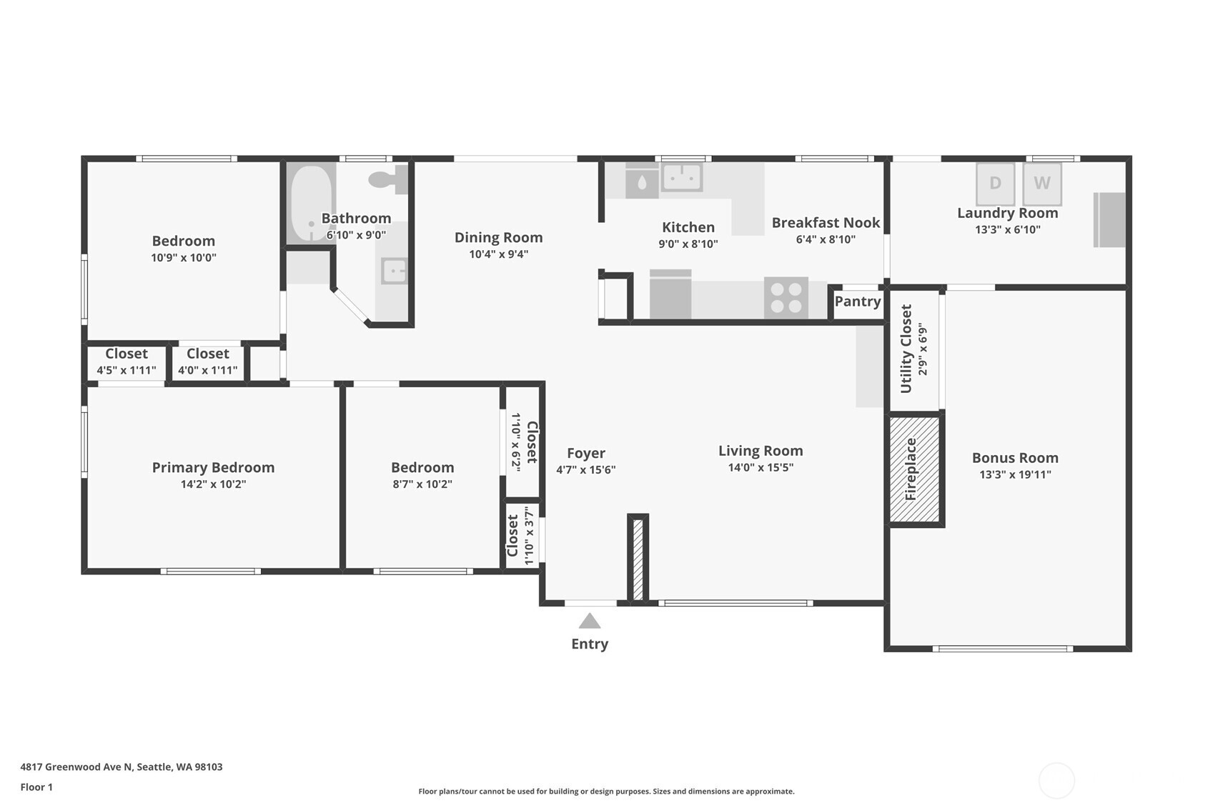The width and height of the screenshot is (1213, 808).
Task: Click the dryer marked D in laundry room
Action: click(x=995, y=184)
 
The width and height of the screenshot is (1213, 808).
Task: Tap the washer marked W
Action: click(x=1041, y=184)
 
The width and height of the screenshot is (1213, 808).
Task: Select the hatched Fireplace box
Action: click(x=914, y=469)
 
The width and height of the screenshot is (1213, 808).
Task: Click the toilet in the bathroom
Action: click(x=388, y=179)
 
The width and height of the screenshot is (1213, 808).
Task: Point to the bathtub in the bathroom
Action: click(x=311, y=203)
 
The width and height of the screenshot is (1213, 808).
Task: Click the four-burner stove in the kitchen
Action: click(x=786, y=297)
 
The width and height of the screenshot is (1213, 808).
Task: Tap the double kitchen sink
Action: click(x=682, y=176)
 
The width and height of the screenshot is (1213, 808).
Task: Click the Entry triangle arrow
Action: click(x=589, y=621)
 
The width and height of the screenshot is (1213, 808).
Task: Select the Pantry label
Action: click(x=857, y=301)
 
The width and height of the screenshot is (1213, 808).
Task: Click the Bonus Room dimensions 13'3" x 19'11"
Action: click(x=1014, y=474)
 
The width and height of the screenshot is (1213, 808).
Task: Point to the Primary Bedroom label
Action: click(x=213, y=467)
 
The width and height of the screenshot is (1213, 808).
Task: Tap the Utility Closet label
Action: click(x=906, y=349)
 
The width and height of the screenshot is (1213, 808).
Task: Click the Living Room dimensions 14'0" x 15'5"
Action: click(x=761, y=467)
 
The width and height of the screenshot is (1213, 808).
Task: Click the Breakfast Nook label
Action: click(x=826, y=223)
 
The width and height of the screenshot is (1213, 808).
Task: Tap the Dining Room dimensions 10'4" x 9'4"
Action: click(x=498, y=254)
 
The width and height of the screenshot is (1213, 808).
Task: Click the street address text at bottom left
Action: click(x=121, y=767)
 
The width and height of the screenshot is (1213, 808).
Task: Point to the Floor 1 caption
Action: click(x=36, y=787)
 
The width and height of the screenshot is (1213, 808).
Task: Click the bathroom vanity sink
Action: click(x=394, y=271)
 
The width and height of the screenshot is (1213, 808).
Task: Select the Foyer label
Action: click(x=585, y=453)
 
